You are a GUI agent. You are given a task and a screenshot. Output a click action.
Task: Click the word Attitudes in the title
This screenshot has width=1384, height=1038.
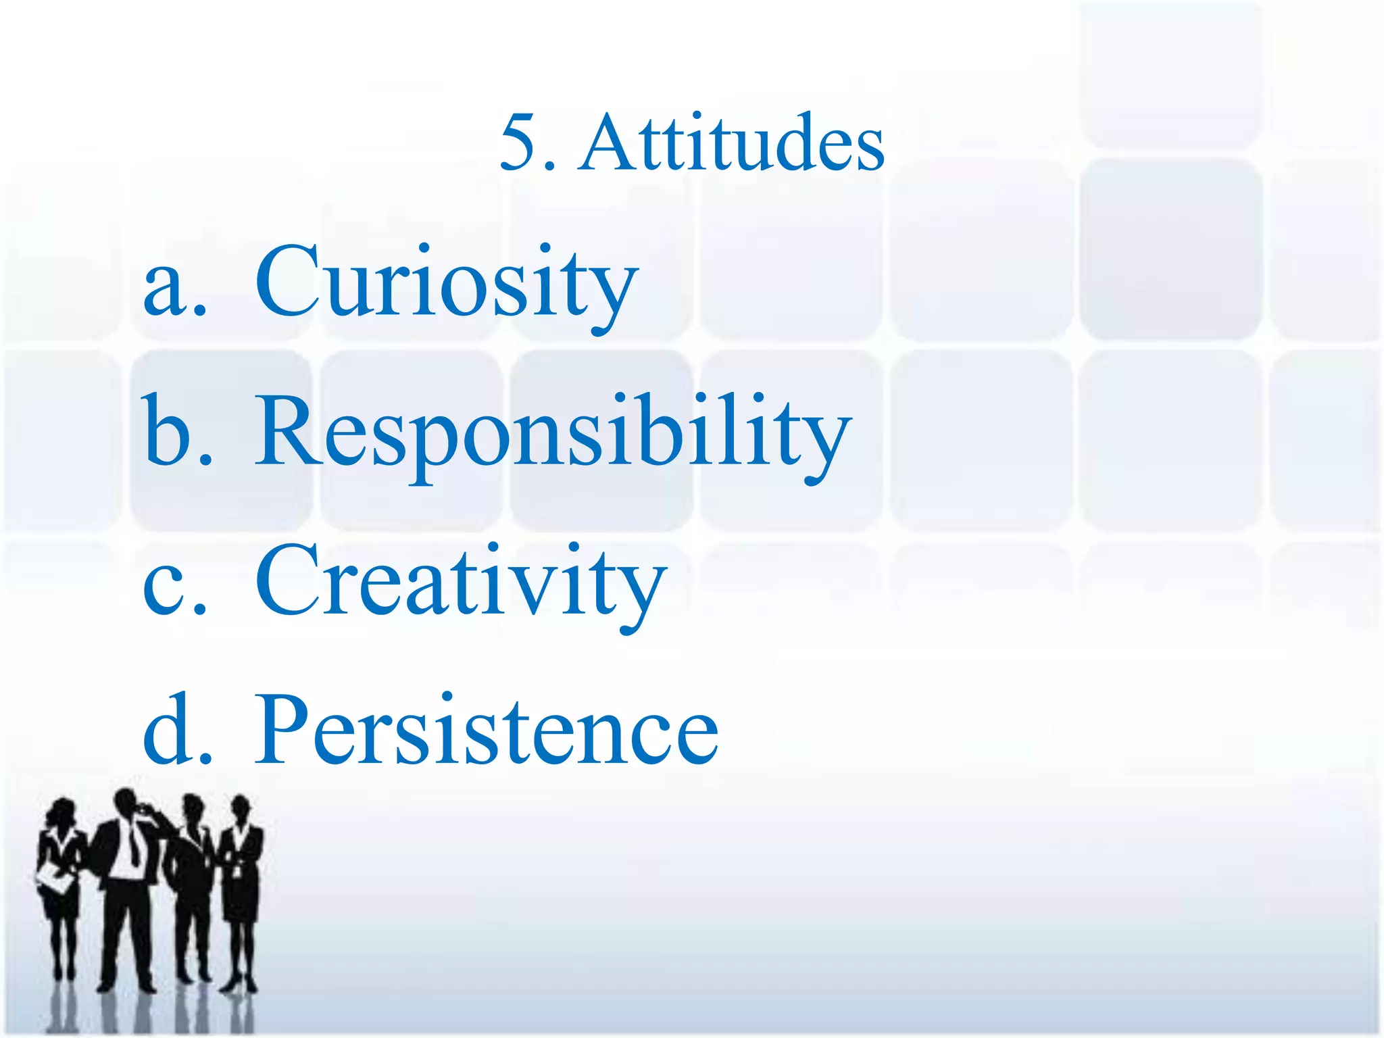tap(733, 143)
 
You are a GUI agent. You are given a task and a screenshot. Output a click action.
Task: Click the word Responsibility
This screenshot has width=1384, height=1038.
tap(552, 432)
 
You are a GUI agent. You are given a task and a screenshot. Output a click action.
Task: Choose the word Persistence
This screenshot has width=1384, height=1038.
tap(487, 731)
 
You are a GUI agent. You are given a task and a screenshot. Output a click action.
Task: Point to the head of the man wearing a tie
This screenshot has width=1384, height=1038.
tap(126, 804)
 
